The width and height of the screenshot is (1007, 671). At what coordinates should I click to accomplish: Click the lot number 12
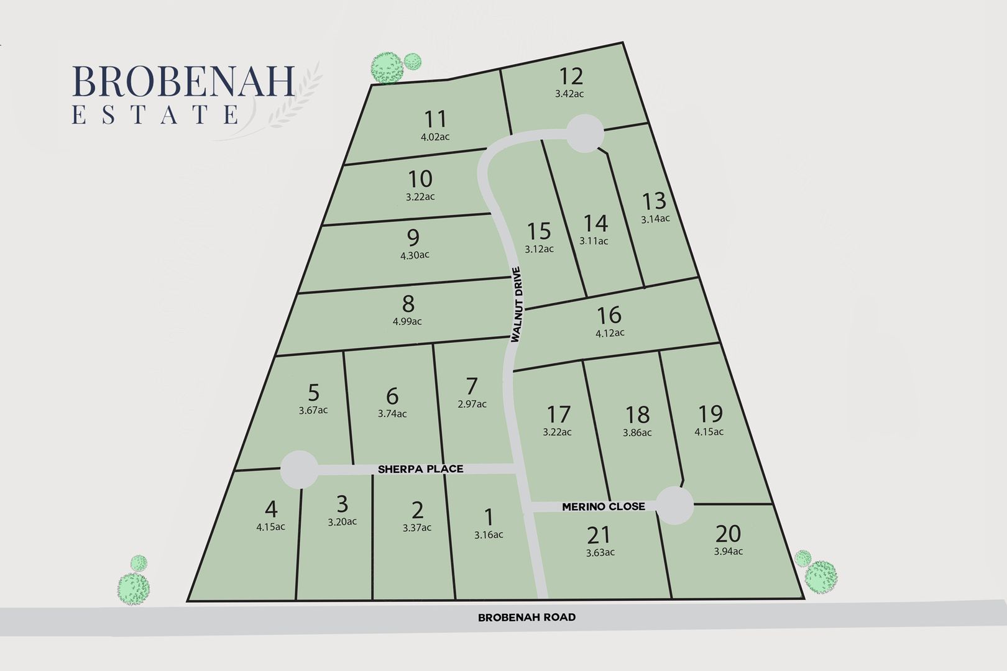click(571, 76)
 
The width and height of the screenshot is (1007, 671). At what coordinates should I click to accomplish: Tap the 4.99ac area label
click(407, 321)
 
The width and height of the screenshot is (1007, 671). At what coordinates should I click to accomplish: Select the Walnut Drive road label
click(517, 304)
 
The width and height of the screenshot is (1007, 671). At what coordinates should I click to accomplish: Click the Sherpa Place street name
click(421, 469)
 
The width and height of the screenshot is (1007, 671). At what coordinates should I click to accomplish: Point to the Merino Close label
click(603, 506)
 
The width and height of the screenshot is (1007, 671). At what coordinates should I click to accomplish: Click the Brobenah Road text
click(526, 618)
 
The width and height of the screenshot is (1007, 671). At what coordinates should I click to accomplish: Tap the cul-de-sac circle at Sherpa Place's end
click(299, 470)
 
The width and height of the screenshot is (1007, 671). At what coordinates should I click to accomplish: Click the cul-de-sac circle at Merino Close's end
click(675, 506)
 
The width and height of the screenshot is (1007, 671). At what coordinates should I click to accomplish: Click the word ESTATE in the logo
click(155, 115)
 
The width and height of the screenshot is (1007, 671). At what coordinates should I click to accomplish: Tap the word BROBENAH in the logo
click(183, 82)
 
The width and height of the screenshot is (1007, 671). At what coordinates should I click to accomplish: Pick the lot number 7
click(472, 386)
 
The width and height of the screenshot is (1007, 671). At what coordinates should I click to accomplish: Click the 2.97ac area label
click(472, 404)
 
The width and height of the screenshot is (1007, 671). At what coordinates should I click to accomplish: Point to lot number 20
click(728, 534)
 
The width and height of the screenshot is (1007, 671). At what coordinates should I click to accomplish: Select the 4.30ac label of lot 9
click(415, 255)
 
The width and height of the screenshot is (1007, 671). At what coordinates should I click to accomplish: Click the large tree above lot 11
click(386, 67)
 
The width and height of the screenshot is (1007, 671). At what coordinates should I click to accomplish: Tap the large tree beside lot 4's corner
click(134, 588)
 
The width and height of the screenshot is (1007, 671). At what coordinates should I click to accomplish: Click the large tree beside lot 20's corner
click(821, 577)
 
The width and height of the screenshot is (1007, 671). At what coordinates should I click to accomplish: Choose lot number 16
click(609, 315)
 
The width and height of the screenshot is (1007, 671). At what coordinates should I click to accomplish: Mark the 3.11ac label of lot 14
click(594, 241)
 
